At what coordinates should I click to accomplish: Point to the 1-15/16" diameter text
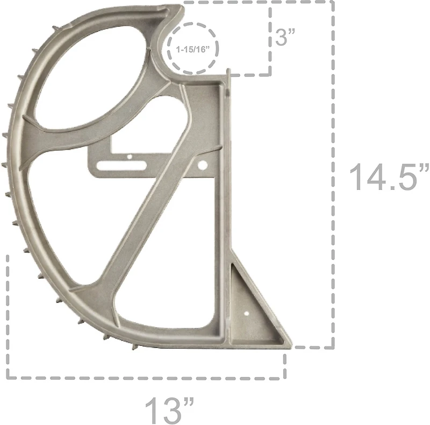point(194,49)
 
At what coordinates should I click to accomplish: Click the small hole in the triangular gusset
point(246,312)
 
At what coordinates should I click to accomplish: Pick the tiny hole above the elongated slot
point(129,157)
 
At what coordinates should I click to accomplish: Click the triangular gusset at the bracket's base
point(251,309)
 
